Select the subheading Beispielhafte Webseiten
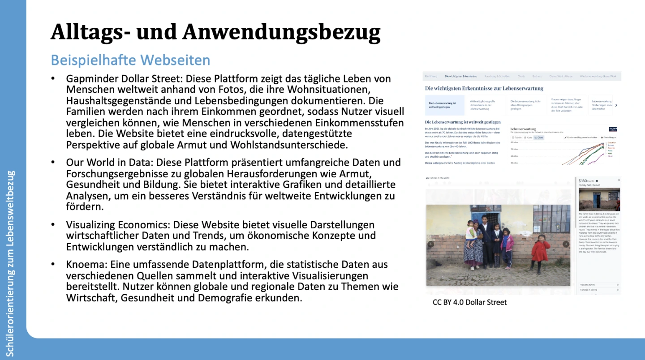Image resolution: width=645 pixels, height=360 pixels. coord(130,60)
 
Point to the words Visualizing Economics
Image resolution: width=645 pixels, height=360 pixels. coord(118,224)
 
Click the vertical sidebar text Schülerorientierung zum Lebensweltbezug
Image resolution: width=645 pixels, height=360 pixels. coord(11,263)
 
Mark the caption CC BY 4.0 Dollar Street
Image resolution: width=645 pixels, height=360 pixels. coord(469,302)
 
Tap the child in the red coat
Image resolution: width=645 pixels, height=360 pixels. coord(540,253)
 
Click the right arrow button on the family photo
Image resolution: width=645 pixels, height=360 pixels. coord(566,244)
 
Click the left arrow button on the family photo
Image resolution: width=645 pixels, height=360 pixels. coord(431,244)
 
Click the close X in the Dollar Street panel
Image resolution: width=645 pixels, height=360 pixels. coord(619,180)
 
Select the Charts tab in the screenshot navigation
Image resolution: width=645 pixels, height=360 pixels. coord(521,77)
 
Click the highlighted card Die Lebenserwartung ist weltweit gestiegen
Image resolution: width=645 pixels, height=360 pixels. coord(444,105)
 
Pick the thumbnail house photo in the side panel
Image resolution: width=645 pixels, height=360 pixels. coord(599,199)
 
